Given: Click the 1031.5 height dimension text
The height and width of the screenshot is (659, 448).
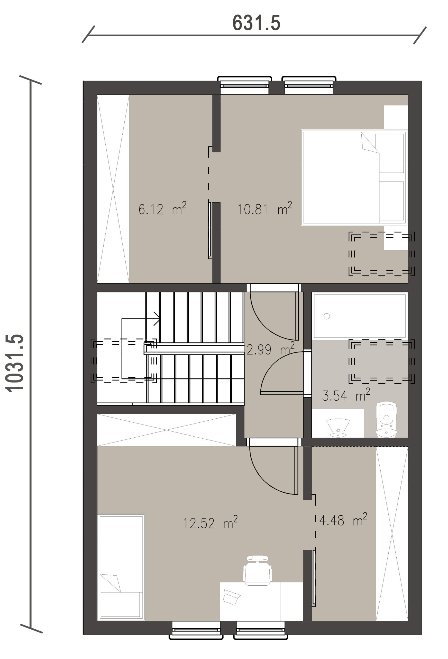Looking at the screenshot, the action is point(14,363).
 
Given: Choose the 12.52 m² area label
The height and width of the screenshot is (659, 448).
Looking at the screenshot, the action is point(210,522).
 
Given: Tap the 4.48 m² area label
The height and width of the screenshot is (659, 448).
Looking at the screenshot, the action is point(343,519).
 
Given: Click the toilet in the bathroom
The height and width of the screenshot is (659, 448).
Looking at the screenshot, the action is point(386,419).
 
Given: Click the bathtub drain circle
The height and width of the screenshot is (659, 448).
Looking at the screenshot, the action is point(326,316).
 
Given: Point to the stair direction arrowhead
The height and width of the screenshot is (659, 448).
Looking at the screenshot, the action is point(158,319).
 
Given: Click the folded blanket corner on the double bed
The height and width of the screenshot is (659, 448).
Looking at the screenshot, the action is point(370,143).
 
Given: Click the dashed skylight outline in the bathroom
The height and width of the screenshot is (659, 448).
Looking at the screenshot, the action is point(381,361).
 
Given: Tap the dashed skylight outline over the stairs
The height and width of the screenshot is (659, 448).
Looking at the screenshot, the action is point(123,361).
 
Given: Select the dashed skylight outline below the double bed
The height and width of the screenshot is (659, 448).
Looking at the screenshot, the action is point(381,254).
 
